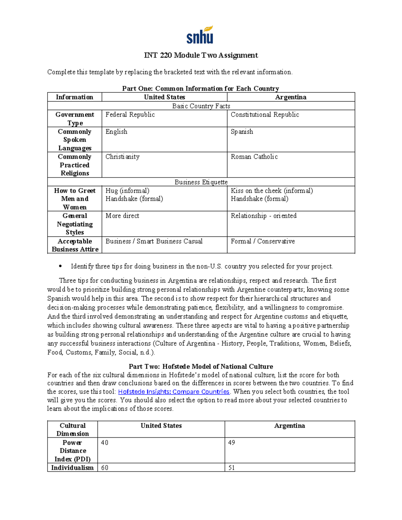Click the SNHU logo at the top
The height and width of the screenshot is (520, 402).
pyautogui.click(x=200, y=35)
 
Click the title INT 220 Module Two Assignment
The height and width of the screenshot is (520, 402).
pyautogui.click(x=201, y=55)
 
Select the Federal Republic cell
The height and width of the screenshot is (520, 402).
pyautogui.click(x=130, y=115)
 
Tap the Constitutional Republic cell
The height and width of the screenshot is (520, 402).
pyautogui.click(x=265, y=115)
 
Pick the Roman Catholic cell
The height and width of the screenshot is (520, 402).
pyautogui.click(x=254, y=157)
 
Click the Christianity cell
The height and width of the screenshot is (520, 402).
pyautogui.click(x=122, y=157)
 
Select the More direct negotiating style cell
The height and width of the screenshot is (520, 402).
pyautogui.click(x=122, y=216)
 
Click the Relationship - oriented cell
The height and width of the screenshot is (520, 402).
pyautogui.click(x=263, y=216)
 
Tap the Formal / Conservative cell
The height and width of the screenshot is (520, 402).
pyautogui.click(x=263, y=241)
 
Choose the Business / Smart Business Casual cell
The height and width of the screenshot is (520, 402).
pyautogui.click(x=154, y=241)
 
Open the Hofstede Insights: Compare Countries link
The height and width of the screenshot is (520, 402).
pyautogui.click(x=174, y=392)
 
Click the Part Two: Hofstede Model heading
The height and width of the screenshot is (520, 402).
pyautogui.click(x=201, y=367)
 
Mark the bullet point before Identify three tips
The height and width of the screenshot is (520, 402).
pyautogui.click(x=60, y=267)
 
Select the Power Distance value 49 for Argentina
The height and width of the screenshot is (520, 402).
pyautogui.click(x=231, y=443)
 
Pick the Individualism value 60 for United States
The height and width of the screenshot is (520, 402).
pyautogui.click(x=105, y=468)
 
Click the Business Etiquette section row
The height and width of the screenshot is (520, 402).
pyautogui.click(x=201, y=182)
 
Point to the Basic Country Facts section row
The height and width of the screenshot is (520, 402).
pyautogui.click(x=201, y=106)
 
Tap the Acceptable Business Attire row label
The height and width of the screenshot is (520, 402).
pyautogui.click(x=75, y=245)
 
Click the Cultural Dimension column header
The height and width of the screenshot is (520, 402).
pyautogui.click(x=73, y=430)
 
